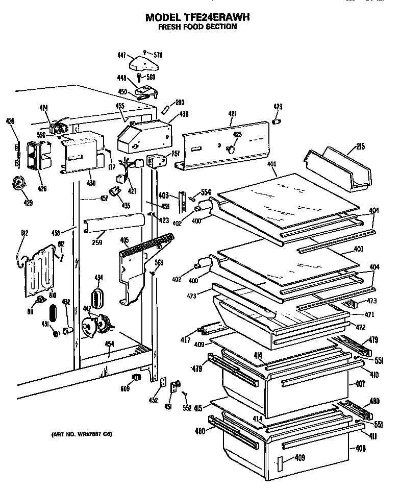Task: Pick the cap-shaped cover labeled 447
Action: (143, 63)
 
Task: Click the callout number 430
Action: (91, 183)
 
